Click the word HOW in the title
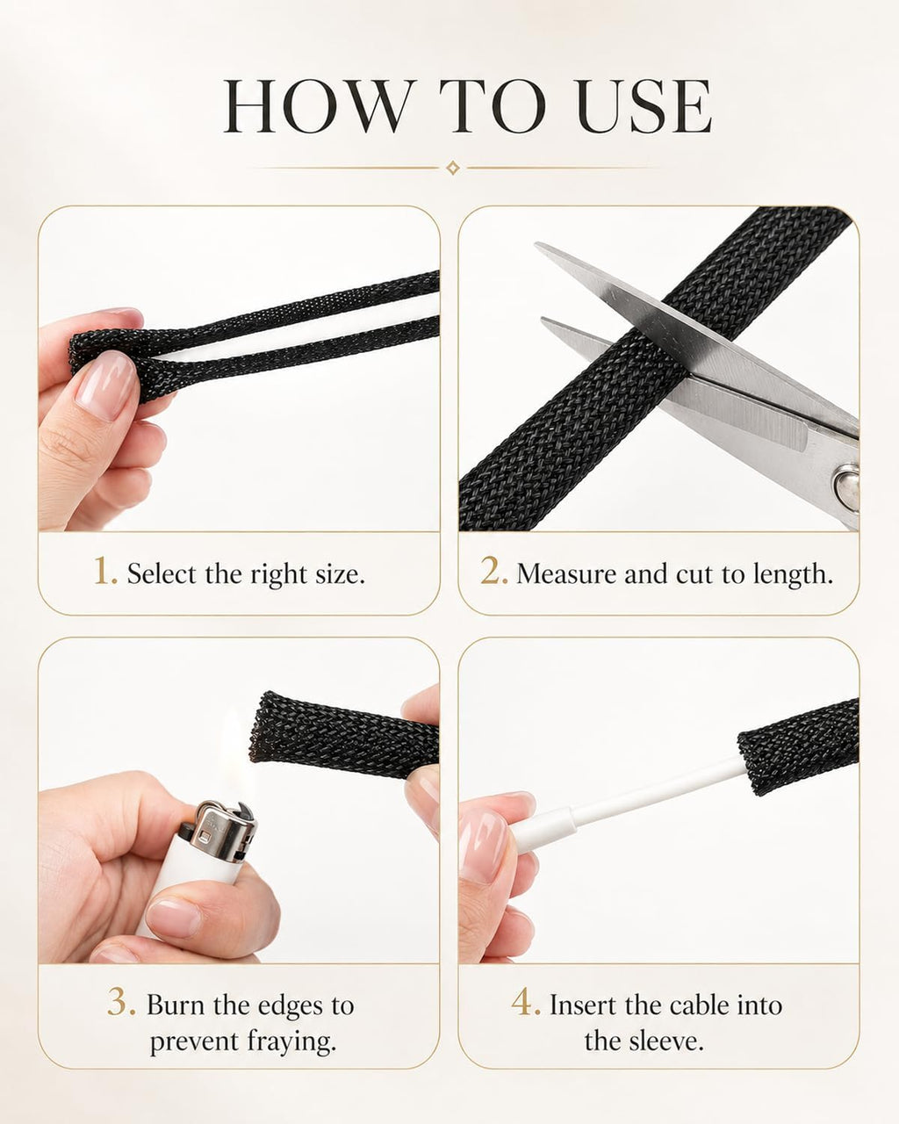pos(320,106)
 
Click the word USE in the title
pos(644,106)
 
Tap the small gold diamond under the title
pos(453,169)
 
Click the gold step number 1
pos(105,572)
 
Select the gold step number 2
pos(493,571)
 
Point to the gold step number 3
pos(121,1001)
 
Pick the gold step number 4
pos(526,1001)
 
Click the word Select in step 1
pos(162,573)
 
